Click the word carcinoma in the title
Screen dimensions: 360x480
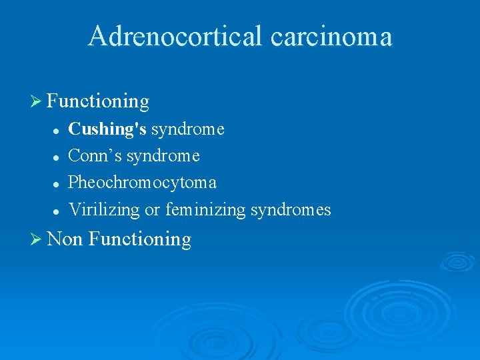[x=331, y=36]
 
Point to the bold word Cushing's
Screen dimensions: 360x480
[x=107, y=129]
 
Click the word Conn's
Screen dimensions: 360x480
[x=95, y=156]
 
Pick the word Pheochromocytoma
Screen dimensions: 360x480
[x=143, y=183]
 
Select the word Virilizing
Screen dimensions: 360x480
[x=105, y=210]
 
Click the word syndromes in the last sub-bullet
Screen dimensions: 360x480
[x=291, y=210]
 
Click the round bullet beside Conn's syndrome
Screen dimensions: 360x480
[x=57, y=157]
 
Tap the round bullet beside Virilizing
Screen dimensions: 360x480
[x=57, y=211]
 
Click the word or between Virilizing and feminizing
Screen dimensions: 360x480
[x=153, y=211]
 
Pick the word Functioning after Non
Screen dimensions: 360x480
[x=139, y=239]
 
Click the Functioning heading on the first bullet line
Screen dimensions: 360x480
[x=99, y=101]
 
